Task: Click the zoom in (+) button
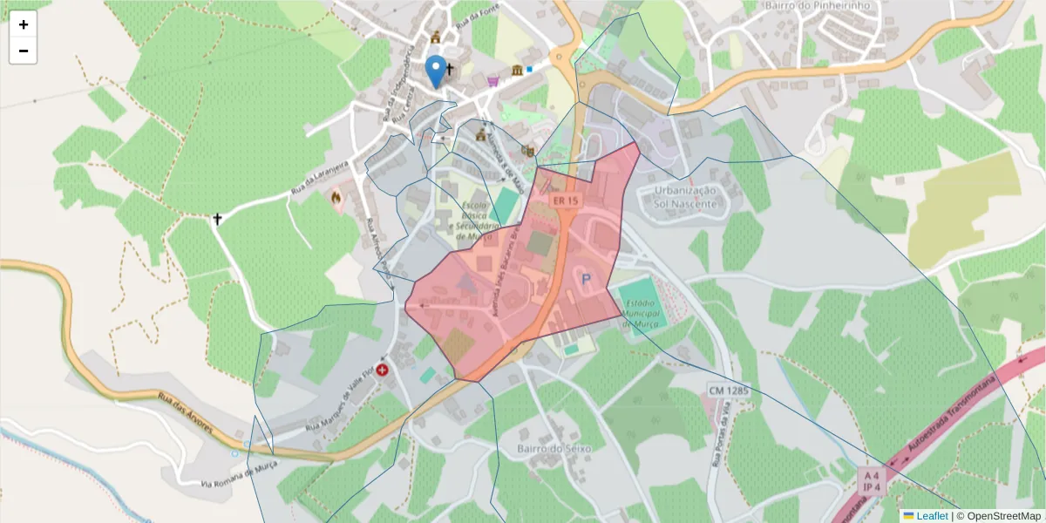pyautogui.click(x=24, y=24)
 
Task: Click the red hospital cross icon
pyautogui.click(x=382, y=370)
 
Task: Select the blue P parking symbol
pyautogui.click(x=586, y=280)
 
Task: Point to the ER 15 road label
pyautogui.click(x=565, y=200)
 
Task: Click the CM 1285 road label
pyautogui.click(x=728, y=391)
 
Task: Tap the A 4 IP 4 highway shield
pyautogui.click(x=871, y=479)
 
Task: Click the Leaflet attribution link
pyautogui.click(x=931, y=516)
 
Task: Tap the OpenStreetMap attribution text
pyautogui.click(x=998, y=516)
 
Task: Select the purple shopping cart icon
pyautogui.click(x=493, y=82)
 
